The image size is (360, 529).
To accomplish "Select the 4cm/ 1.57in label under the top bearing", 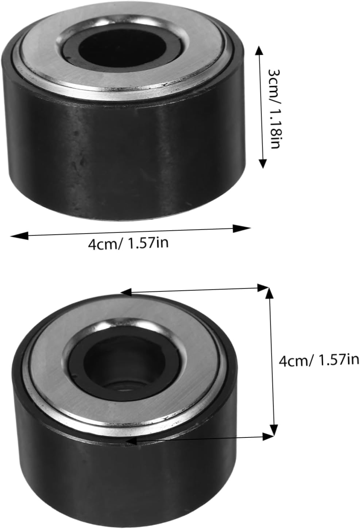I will coord(128,243).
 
